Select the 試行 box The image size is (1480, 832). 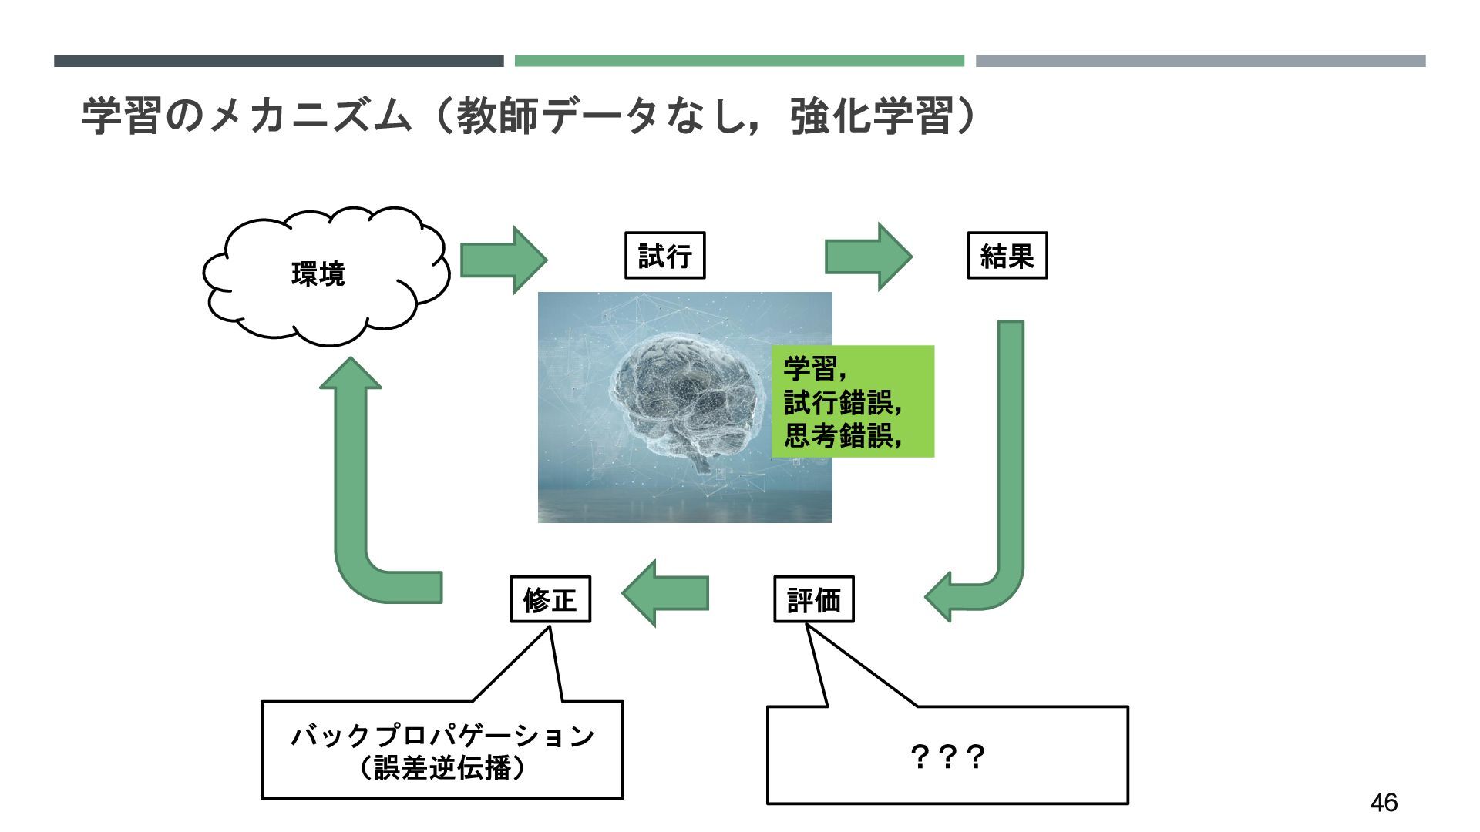coord(664,255)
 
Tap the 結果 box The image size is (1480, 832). coord(1007,255)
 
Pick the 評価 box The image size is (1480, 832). coord(813,599)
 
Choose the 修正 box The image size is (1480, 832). coord(550,599)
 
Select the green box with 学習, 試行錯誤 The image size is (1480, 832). coord(853,401)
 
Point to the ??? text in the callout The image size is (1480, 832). coord(947,757)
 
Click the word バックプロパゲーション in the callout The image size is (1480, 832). coord(442,736)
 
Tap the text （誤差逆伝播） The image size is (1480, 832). coord(442,768)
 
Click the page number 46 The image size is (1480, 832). coord(1384,803)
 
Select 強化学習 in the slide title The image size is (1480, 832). coord(871,117)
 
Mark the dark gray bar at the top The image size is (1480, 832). coord(278,61)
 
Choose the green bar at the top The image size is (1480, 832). coord(739,61)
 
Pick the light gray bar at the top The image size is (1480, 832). coord(1200,61)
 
